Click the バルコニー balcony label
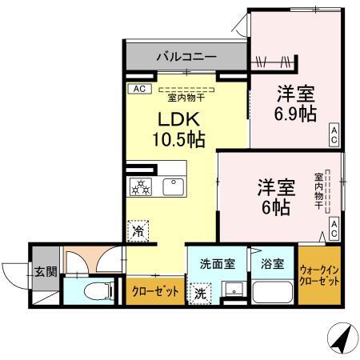(x=186, y=58)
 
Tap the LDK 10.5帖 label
(x=182, y=129)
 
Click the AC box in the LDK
(x=138, y=89)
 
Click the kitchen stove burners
(x=141, y=187)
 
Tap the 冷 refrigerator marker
(x=139, y=230)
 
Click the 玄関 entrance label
(x=46, y=272)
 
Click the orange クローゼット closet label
(x=155, y=291)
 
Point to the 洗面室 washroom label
(x=217, y=264)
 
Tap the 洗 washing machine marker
(x=198, y=294)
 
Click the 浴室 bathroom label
(x=272, y=264)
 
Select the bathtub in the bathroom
(x=272, y=290)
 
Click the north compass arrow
(x=344, y=339)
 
